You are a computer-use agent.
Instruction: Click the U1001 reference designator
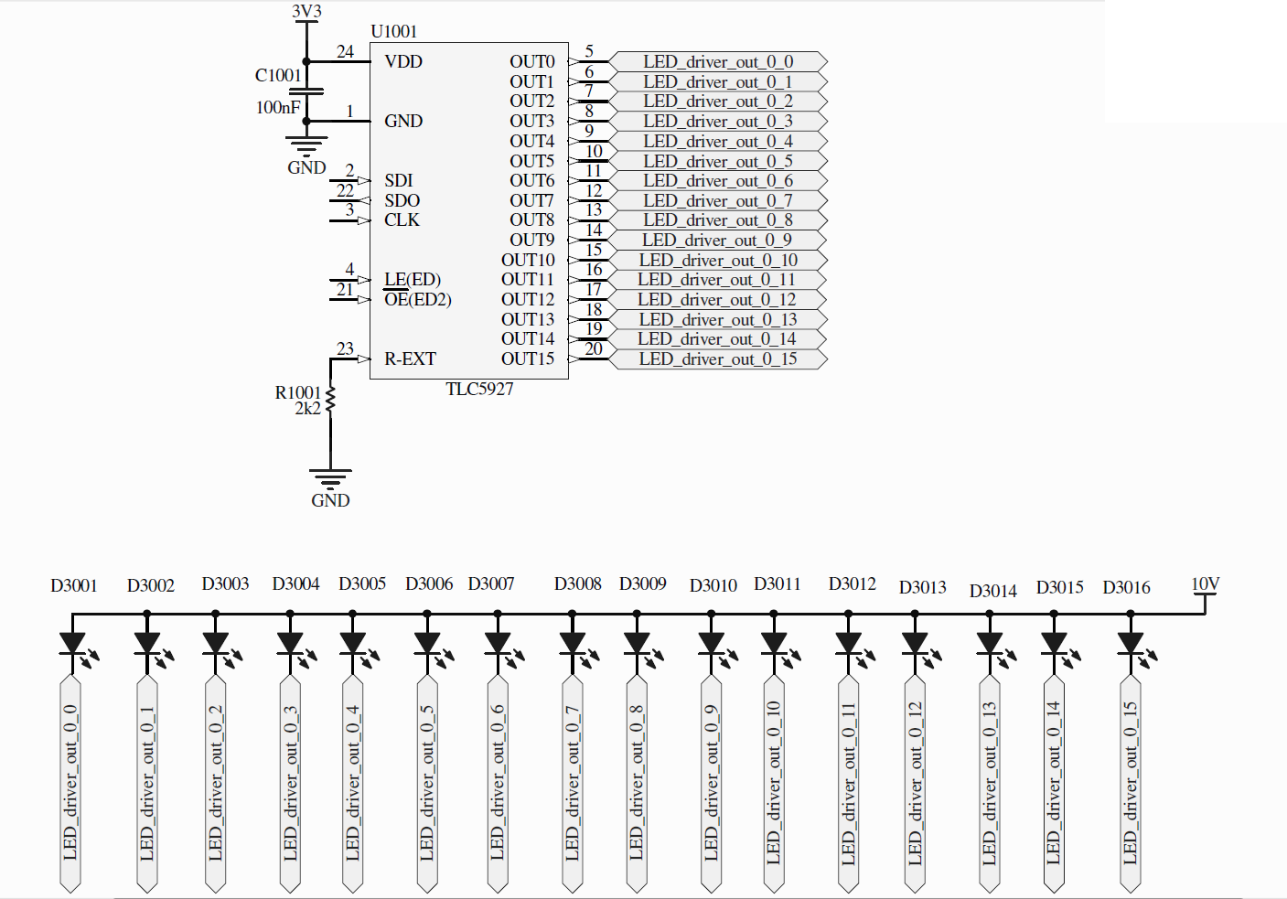394,32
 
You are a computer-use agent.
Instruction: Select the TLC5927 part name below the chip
479,389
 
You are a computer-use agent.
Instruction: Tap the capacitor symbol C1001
306,91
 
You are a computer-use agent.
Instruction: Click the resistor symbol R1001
330,400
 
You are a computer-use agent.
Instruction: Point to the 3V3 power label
306,11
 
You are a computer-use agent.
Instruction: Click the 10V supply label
1205,583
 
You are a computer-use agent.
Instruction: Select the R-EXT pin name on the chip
410,359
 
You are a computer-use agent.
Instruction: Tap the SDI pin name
399,180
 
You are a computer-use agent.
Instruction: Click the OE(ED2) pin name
418,299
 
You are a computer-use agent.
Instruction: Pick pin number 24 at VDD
345,52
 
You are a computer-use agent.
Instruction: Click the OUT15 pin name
528,359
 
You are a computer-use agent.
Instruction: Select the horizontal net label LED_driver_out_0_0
718,61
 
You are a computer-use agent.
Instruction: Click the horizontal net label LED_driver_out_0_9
718,241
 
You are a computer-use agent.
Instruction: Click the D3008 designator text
577,583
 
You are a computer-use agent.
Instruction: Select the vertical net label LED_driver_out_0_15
1131,784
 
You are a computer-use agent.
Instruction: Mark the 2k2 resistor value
308,409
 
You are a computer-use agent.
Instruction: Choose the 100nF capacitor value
278,107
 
